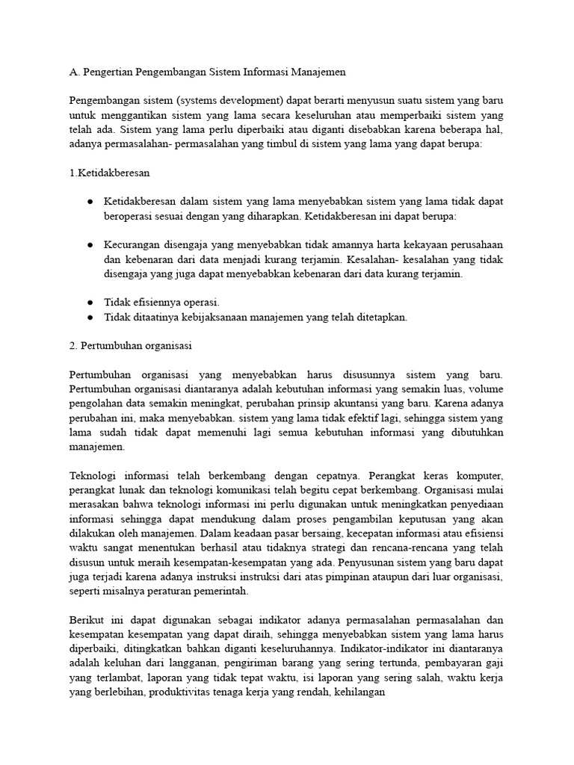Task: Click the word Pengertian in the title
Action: click(x=113, y=72)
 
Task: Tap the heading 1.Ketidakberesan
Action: click(x=110, y=173)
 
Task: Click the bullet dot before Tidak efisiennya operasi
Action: click(x=89, y=302)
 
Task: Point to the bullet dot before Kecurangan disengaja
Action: click(x=89, y=245)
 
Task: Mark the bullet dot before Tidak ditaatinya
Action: click(x=89, y=317)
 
